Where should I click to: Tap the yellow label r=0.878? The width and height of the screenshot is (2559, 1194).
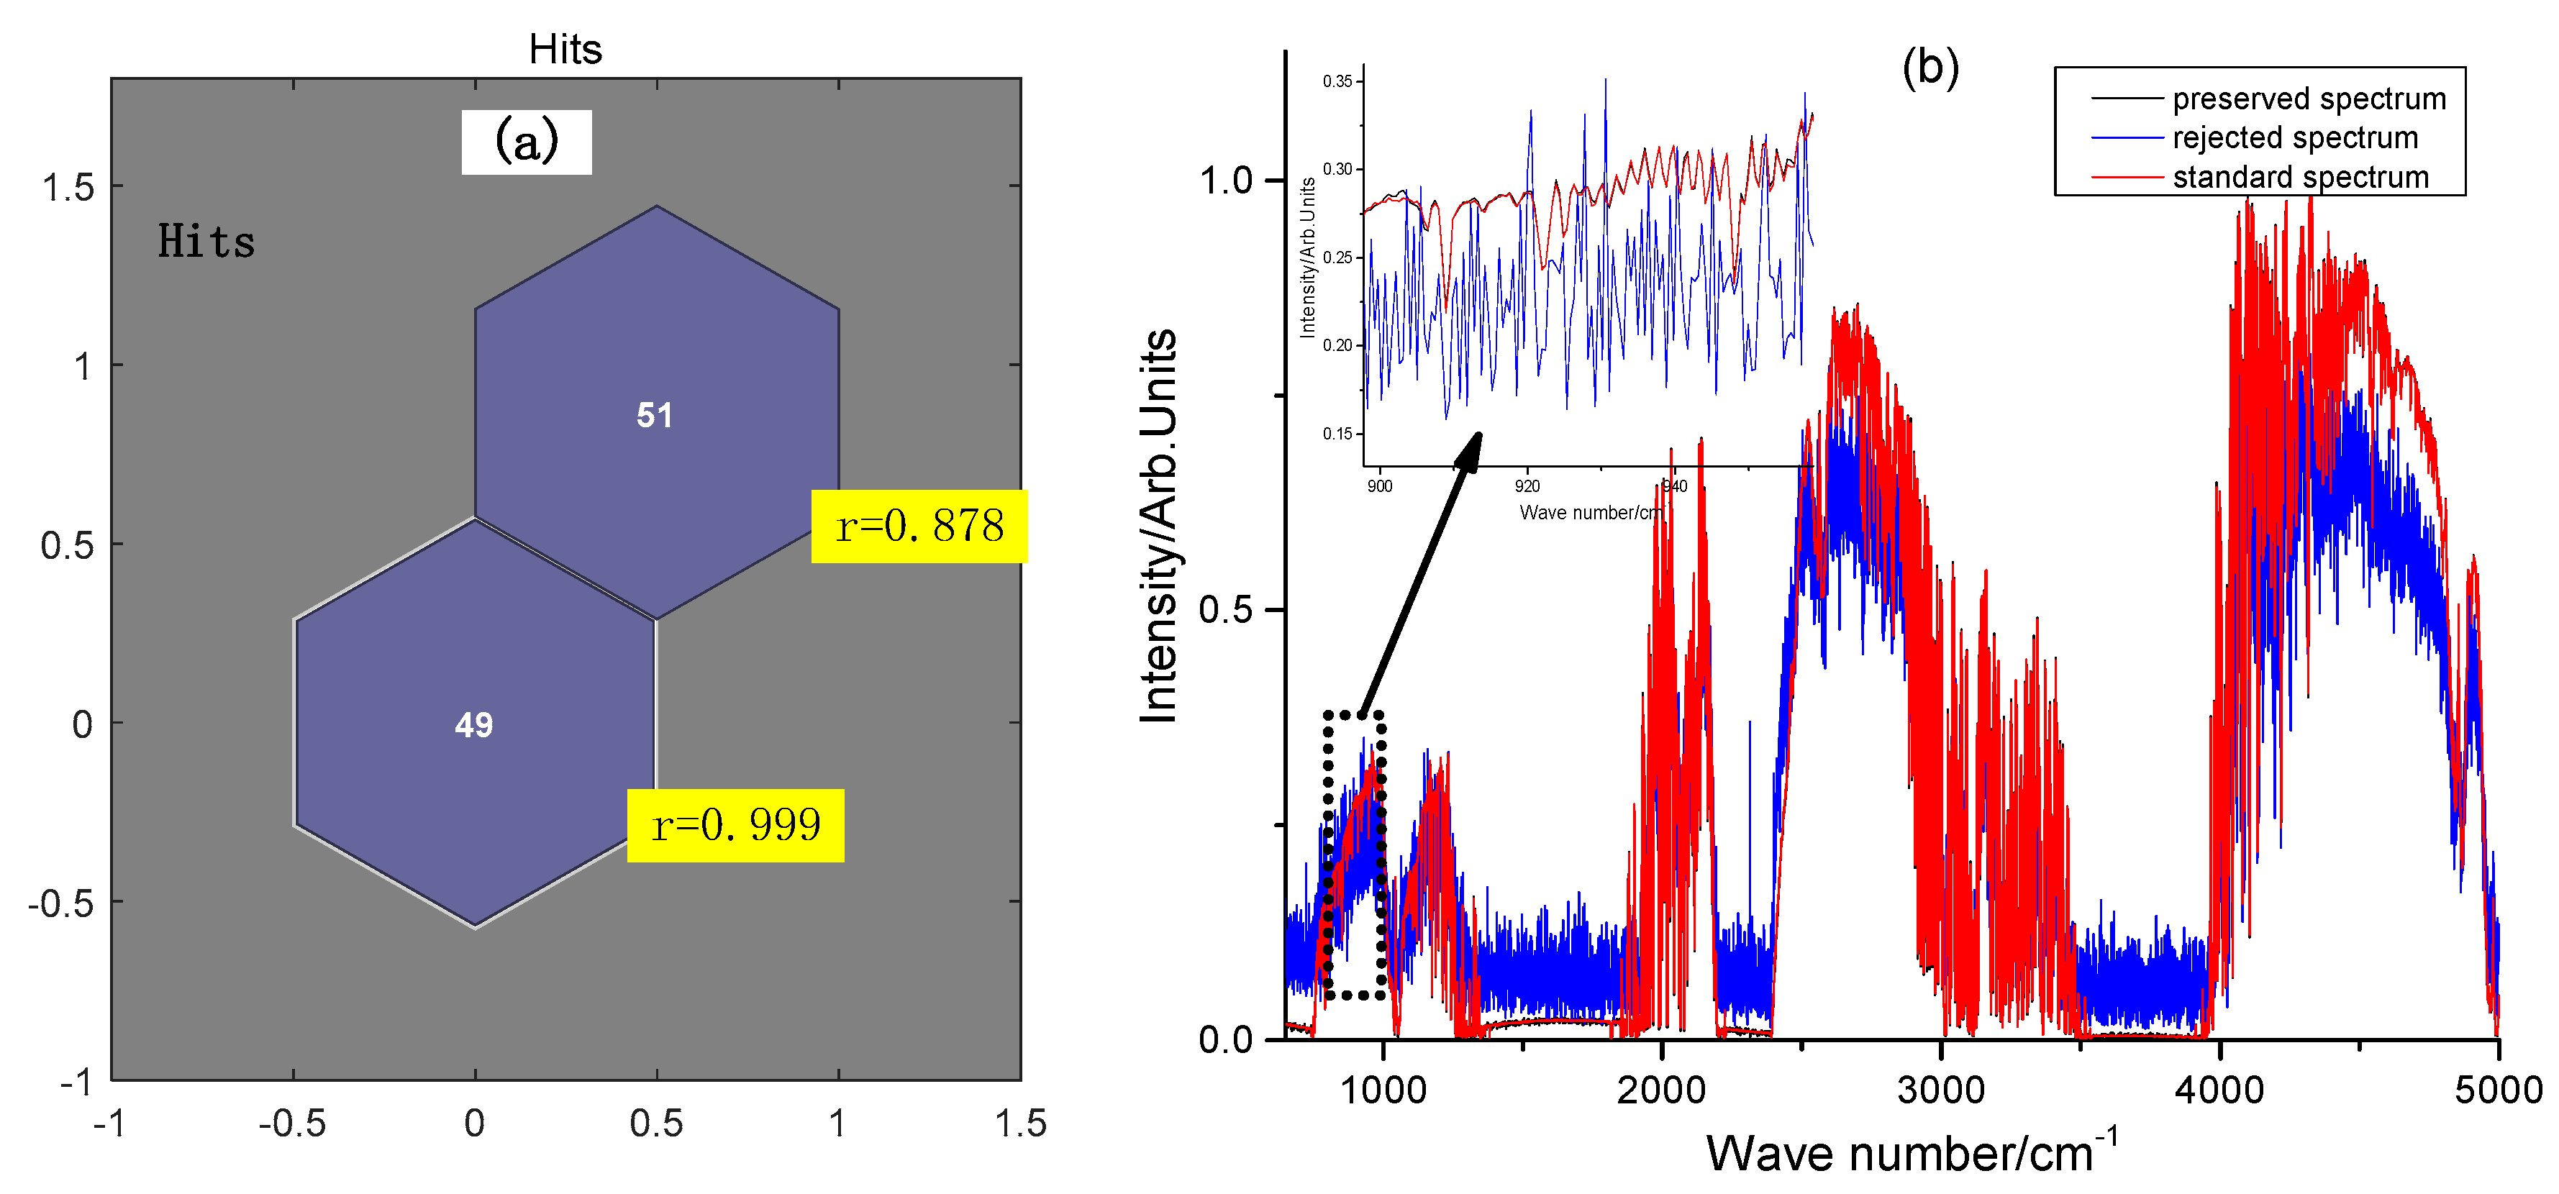click(919, 527)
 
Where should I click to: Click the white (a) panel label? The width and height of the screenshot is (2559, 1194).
click(527, 142)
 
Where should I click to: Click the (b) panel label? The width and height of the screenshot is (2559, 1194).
click(1930, 68)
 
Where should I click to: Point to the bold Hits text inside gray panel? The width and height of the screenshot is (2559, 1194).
click(206, 242)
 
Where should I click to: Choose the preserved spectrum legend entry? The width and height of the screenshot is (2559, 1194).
click(2308, 99)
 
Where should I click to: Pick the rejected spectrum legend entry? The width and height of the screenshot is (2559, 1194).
click(2295, 137)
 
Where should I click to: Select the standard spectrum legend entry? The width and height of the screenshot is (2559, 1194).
click(2300, 177)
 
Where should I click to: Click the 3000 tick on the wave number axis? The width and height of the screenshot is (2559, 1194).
click(1940, 1090)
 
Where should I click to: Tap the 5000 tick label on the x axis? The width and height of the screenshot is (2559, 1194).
click(2497, 1090)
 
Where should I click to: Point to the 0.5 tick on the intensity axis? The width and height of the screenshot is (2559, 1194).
click(1226, 609)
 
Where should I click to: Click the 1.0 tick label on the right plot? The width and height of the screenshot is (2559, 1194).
click(1226, 181)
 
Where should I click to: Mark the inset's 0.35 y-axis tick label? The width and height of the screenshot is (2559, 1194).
click(1337, 81)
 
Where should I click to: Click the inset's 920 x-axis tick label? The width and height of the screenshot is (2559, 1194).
click(1527, 486)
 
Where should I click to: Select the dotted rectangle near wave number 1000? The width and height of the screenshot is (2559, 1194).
click(1354, 855)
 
